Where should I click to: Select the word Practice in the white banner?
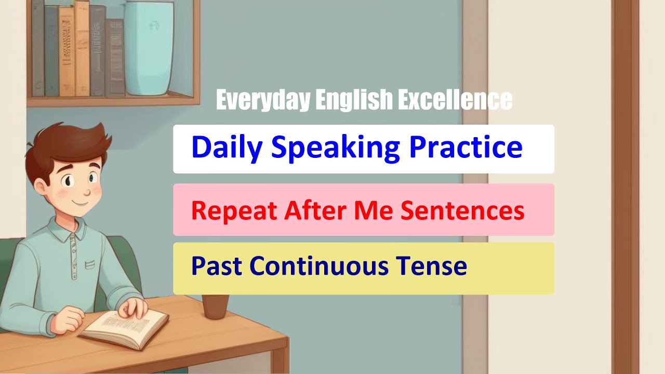point(465,148)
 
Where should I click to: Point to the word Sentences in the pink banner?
point(470,210)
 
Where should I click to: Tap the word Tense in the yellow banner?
point(432,266)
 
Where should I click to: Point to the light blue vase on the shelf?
point(149,49)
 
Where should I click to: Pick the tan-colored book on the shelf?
point(82,49)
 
